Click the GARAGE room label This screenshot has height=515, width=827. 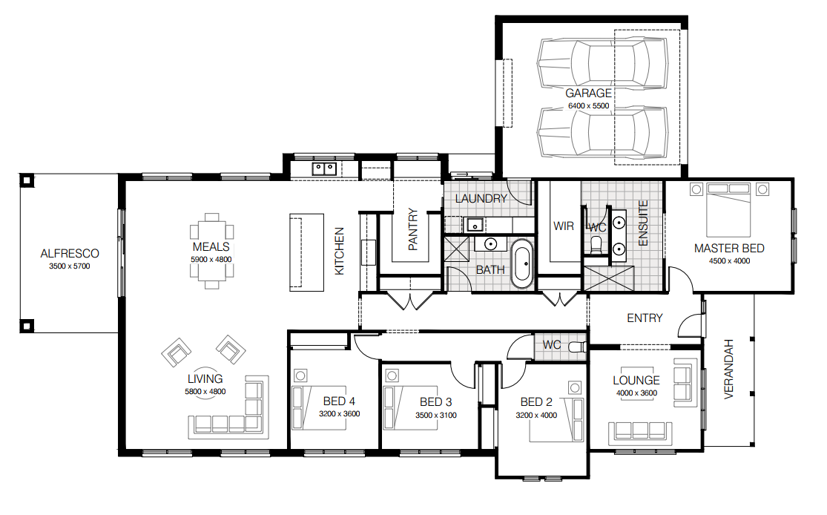(588, 94)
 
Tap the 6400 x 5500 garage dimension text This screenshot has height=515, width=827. (588, 106)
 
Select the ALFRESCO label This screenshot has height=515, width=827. (70, 254)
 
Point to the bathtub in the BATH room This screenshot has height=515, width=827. (523, 263)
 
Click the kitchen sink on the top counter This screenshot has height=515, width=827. (324, 169)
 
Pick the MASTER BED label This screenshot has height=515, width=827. (729, 249)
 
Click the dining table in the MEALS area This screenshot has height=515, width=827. (211, 251)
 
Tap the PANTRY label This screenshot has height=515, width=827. (413, 229)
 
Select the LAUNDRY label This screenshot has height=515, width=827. (481, 199)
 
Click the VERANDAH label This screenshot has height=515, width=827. (729, 369)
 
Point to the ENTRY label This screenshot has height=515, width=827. (645, 318)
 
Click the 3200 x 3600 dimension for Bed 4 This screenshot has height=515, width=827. (339, 414)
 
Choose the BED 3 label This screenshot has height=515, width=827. (435, 402)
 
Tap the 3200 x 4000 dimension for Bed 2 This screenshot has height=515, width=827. (536, 416)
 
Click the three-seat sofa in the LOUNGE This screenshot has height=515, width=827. (640, 433)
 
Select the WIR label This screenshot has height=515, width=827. (563, 226)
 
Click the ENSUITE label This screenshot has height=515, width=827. (643, 223)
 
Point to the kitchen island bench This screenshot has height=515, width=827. (306, 252)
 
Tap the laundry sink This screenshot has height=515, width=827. (474, 226)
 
